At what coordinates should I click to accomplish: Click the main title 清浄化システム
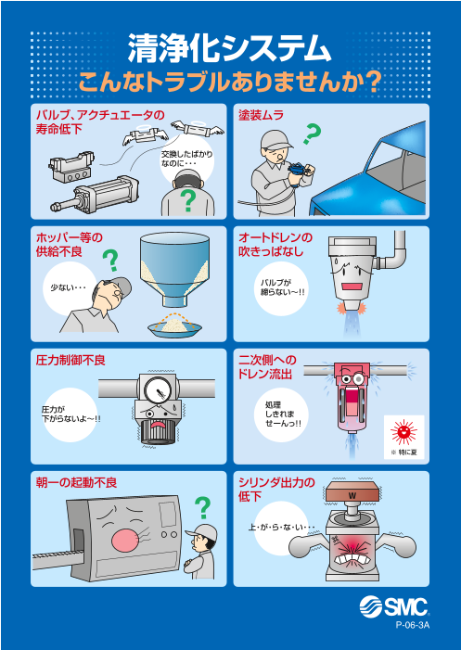[229, 46]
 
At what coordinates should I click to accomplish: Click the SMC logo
[395, 608]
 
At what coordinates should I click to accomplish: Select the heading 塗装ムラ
[261, 116]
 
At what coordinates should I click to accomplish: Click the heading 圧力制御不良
[70, 360]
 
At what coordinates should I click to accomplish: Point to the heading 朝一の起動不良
[76, 482]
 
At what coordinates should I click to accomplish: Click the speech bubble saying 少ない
[68, 287]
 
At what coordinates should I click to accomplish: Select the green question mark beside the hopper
[110, 260]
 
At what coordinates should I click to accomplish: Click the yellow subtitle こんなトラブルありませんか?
[229, 82]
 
